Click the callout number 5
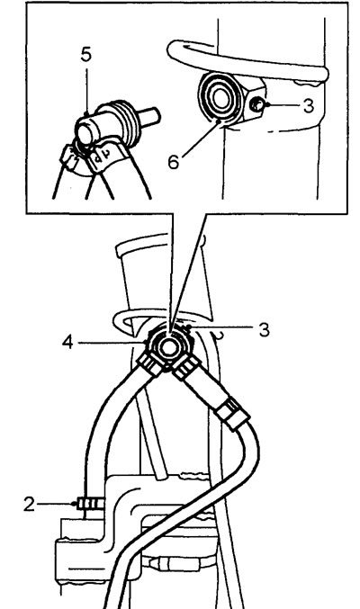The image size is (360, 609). tap(86, 55)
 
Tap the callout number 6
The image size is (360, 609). tap(174, 162)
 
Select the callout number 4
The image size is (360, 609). tap(67, 343)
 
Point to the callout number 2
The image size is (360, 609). tap(29, 504)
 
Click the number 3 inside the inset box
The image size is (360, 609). tap(309, 106)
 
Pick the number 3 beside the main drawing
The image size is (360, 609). tap(265, 330)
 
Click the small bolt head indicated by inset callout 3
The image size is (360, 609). tap(256, 104)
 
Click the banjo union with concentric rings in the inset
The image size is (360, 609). tap(218, 96)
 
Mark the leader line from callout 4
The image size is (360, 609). tap(112, 343)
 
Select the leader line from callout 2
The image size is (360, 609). tap(56, 504)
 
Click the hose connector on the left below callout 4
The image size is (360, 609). tap(150, 365)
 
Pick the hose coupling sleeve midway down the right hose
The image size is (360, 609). tap(233, 415)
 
